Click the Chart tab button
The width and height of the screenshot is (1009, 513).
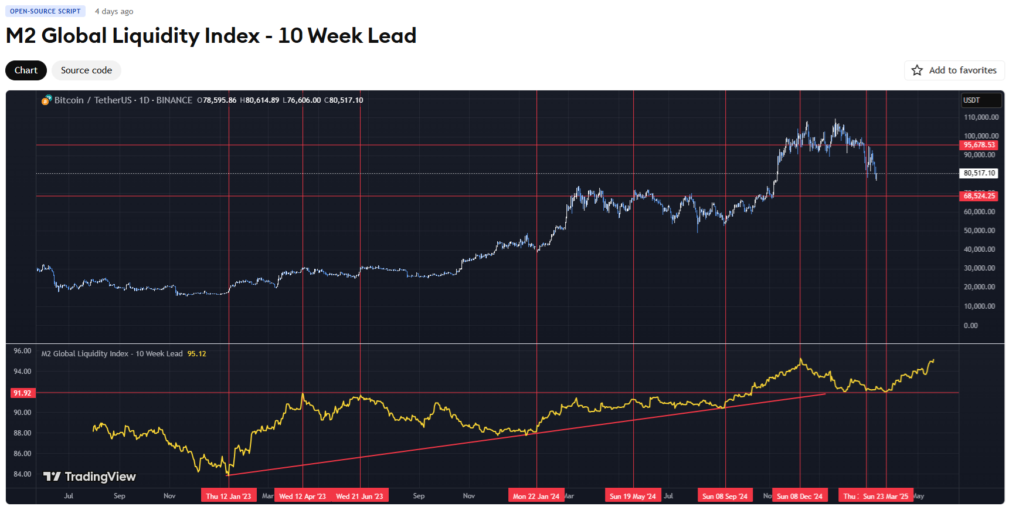26,70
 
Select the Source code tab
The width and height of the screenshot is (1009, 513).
86,70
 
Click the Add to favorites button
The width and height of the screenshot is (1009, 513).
954,70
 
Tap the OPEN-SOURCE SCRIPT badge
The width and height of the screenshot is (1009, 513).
45,11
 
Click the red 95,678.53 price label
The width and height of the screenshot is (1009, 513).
979,145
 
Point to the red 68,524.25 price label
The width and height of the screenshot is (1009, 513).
979,196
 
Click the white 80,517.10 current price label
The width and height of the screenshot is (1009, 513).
979,173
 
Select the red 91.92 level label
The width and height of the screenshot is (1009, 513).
22,393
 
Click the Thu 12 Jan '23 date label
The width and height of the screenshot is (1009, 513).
228,496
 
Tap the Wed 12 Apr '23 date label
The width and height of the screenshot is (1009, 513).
302,496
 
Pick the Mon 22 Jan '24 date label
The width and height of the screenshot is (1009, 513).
536,496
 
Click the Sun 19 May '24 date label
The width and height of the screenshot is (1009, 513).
633,496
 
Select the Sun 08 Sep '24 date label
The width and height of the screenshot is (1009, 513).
725,496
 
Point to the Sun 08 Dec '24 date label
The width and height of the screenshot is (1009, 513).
799,496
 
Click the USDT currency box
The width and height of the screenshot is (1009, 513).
980,100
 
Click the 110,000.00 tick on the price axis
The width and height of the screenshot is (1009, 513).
981,117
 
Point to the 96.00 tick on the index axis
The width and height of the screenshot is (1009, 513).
22,351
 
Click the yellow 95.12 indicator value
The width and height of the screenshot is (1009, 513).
196,354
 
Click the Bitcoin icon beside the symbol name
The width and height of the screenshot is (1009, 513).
46,100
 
